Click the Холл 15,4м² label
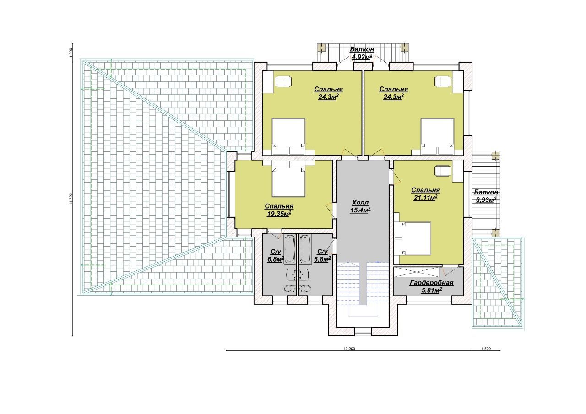360,206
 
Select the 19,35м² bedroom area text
279,214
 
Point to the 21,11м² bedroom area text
426,198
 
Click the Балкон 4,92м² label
362,54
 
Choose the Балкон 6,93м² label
486,196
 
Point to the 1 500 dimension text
486,349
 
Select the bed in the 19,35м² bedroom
289,178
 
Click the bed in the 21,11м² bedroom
412,238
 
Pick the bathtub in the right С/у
305,249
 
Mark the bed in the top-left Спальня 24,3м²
288,136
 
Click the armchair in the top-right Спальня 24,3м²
443,81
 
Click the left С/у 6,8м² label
276,255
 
